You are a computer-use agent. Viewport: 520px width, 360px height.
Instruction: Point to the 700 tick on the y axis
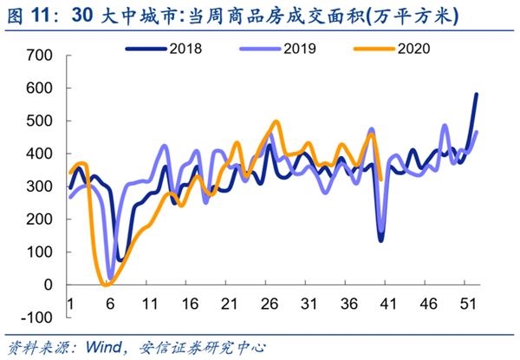(40, 56)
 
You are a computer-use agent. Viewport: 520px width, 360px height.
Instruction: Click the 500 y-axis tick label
(40, 121)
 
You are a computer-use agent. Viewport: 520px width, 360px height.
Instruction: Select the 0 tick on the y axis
(49, 285)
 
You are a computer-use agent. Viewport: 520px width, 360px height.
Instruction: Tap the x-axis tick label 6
(110, 304)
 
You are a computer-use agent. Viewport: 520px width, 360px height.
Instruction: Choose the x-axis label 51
(466, 304)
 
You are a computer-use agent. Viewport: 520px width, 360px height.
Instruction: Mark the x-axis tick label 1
(69, 304)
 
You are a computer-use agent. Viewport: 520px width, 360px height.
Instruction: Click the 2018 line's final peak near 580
(477, 95)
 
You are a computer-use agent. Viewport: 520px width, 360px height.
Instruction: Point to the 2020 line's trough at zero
(106, 284)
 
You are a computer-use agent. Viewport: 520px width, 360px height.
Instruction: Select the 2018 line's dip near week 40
(380, 239)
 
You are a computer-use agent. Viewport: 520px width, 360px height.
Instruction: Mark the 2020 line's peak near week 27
(276, 122)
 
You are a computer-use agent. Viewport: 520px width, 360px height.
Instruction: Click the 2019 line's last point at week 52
(477, 132)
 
